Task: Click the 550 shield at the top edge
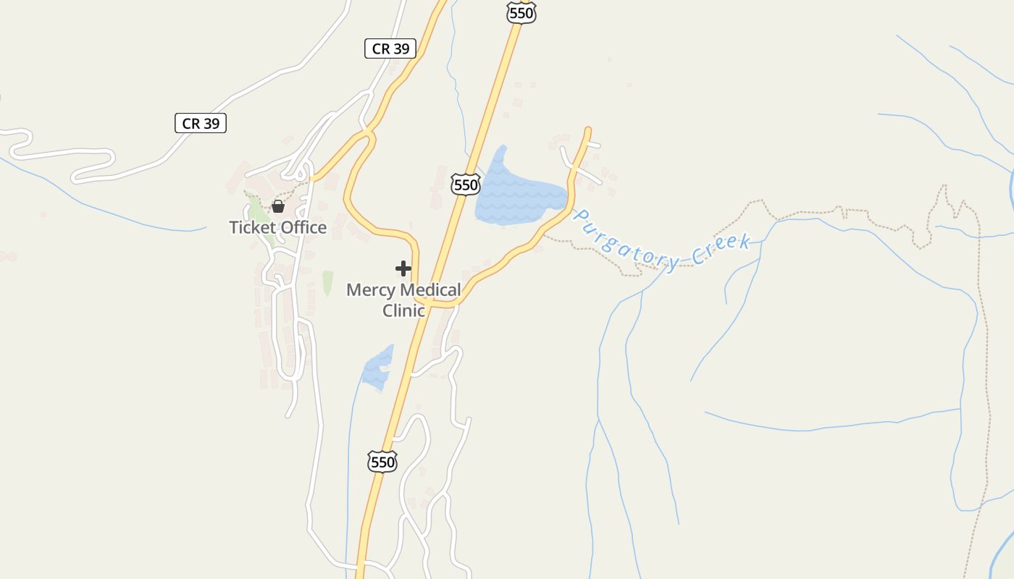click(x=521, y=12)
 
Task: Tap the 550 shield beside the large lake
click(x=465, y=185)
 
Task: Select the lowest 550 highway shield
click(x=382, y=462)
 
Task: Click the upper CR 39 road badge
click(x=390, y=48)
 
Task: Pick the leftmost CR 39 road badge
click(x=201, y=123)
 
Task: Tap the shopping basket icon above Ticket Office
click(x=277, y=207)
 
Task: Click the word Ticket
click(x=251, y=227)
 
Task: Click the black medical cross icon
click(x=403, y=269)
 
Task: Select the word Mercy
click(x=371, y=290)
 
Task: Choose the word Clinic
click(x=403, y=310)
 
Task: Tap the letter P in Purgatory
click(x=580, y=215)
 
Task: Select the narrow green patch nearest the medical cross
click(x=327, y=282)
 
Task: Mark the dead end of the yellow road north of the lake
click(x=588, y=130)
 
